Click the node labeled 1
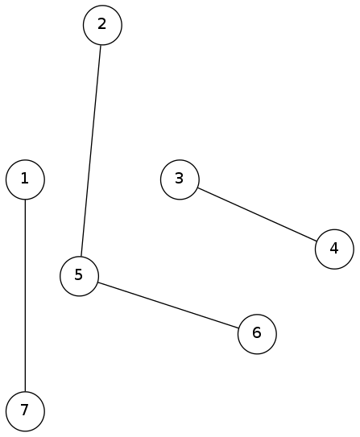click(x=25, y=179)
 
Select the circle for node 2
click(x=102, y=25)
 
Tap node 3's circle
click(x=180, y=179)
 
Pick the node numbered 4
click(x=334, y=249)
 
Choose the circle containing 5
click(x=79, y=276)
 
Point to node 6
click(x=257, y=334)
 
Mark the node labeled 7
click(x=25, y=411)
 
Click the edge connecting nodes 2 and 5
click(x=91, y=150)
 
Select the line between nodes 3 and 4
click(x=257, y=214)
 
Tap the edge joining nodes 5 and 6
click(x=168, y=305)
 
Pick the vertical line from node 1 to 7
click(x=25, y=295)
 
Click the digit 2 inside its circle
click(x=102, y=24)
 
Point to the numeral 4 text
click(x=334, y=248)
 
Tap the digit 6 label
click(x=257, y=332)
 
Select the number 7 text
click(x=24, y=410)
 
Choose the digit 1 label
click(x=25, y=179)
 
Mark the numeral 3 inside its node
click(x=179, y=179)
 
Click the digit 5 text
click(x=79, y=274)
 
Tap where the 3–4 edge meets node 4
click(x=317, y=241)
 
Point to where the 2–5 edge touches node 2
click(x=101, y=44)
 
